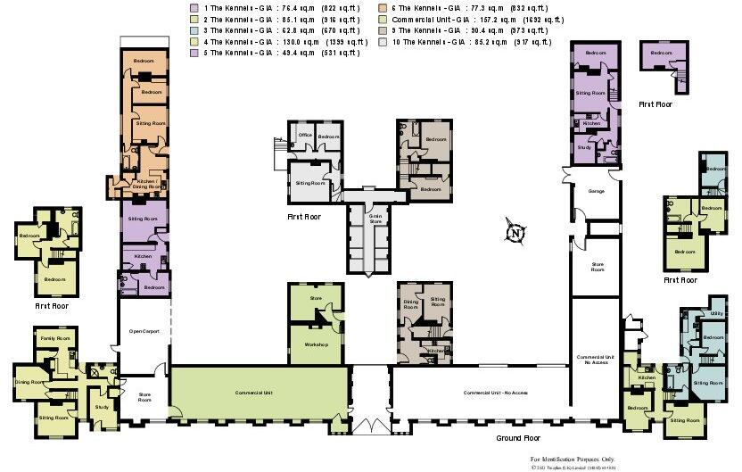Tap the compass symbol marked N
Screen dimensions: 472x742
pyautogui.click(x=515, y=232)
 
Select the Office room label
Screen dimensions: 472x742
pyautogui.click(x=305, y=136)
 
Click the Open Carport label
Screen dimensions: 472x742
pyautogui.click(x=144, y=331)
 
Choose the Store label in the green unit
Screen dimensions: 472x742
pyautogui.click(x=315, y=298)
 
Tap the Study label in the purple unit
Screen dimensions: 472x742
pyautogui.click(x=584, y=147)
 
